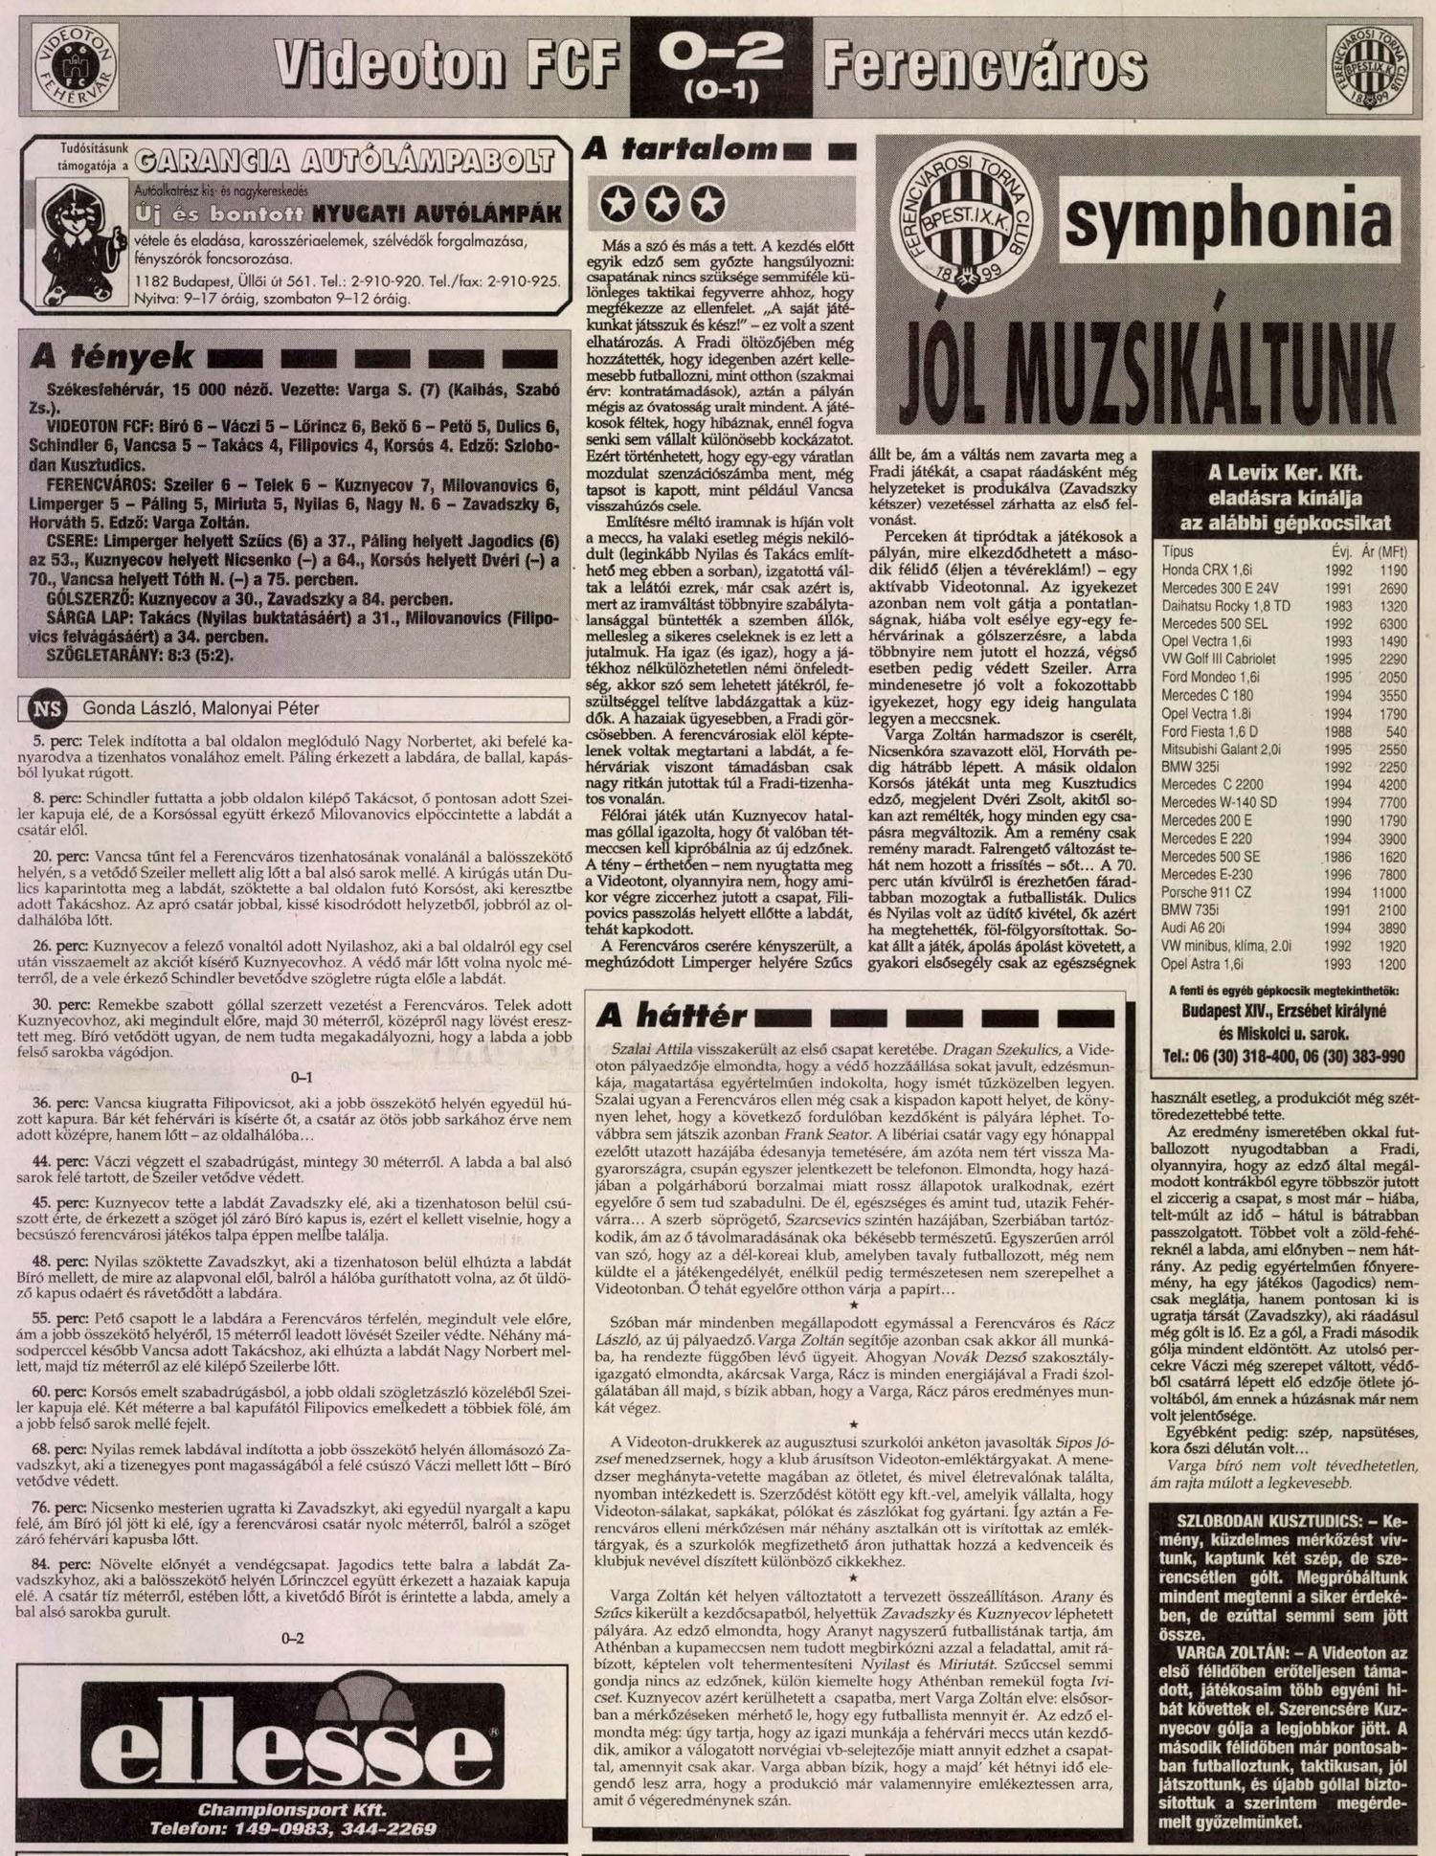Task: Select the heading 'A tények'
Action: coord(112,358)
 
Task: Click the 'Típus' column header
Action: coord(1176,552)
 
